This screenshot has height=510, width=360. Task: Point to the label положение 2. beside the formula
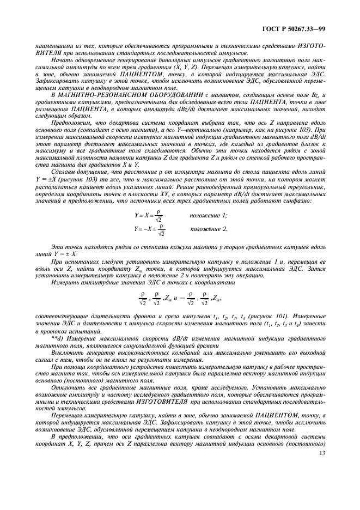[209, 229]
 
